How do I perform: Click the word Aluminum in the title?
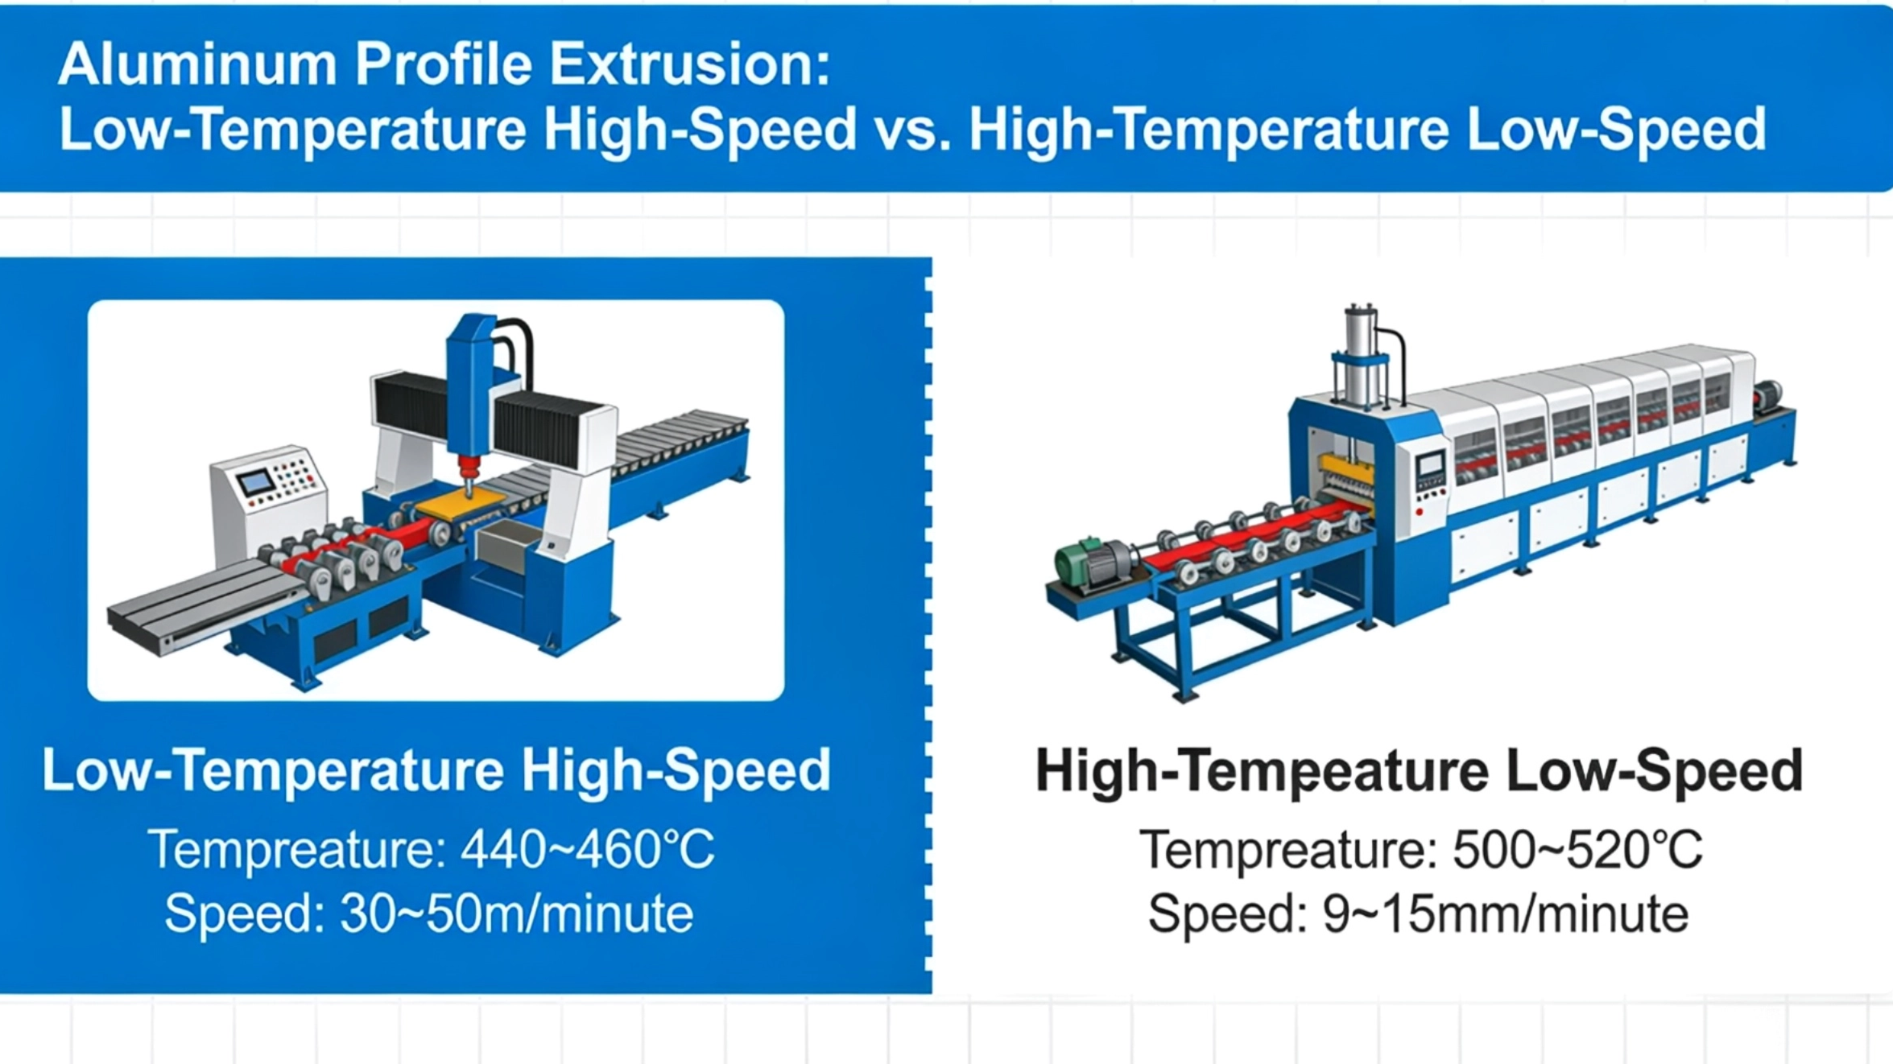point(197,64)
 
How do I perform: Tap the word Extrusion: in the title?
point(690,64)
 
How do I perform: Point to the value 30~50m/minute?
point(516,913)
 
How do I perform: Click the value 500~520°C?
point(1577,849)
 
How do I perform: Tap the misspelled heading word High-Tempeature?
point(1263,771)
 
